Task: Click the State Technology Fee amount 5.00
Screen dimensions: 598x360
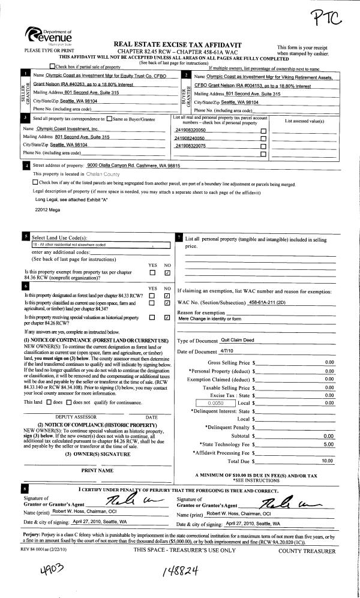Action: (328, 444)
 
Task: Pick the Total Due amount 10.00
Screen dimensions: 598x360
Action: (328, 461)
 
